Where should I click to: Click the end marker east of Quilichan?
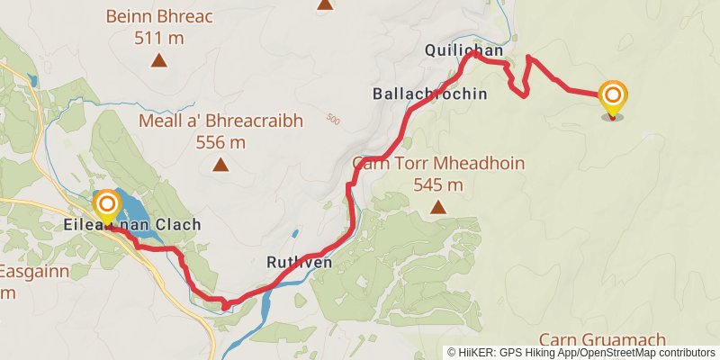[614, 98]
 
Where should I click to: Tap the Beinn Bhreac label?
[159, 16]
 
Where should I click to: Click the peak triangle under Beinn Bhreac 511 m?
[159, 61]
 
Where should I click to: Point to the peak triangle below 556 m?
[220, 164]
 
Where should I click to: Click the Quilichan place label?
[459, 52]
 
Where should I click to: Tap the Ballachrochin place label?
[429, 94]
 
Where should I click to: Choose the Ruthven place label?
[300, 263]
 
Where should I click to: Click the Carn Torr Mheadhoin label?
[438, 164]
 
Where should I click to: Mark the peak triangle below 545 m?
[438, 207]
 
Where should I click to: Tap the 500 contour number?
[335, 119]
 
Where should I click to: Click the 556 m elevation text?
[220, 142]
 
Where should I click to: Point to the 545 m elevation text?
[438, 185]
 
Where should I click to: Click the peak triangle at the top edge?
[324, 4]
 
